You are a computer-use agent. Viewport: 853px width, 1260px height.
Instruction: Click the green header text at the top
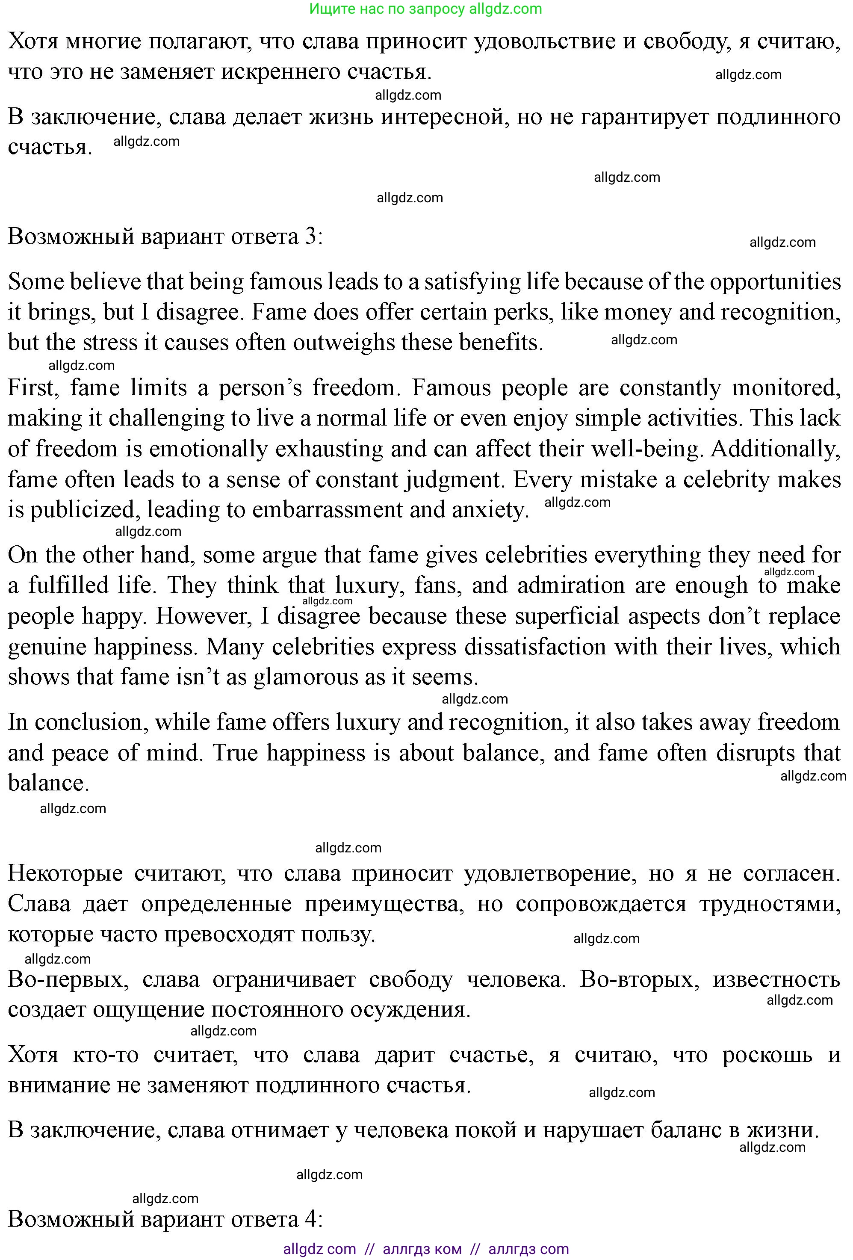pos(425,9)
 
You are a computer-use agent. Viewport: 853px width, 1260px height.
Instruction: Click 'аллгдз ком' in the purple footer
pos(422,1249)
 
